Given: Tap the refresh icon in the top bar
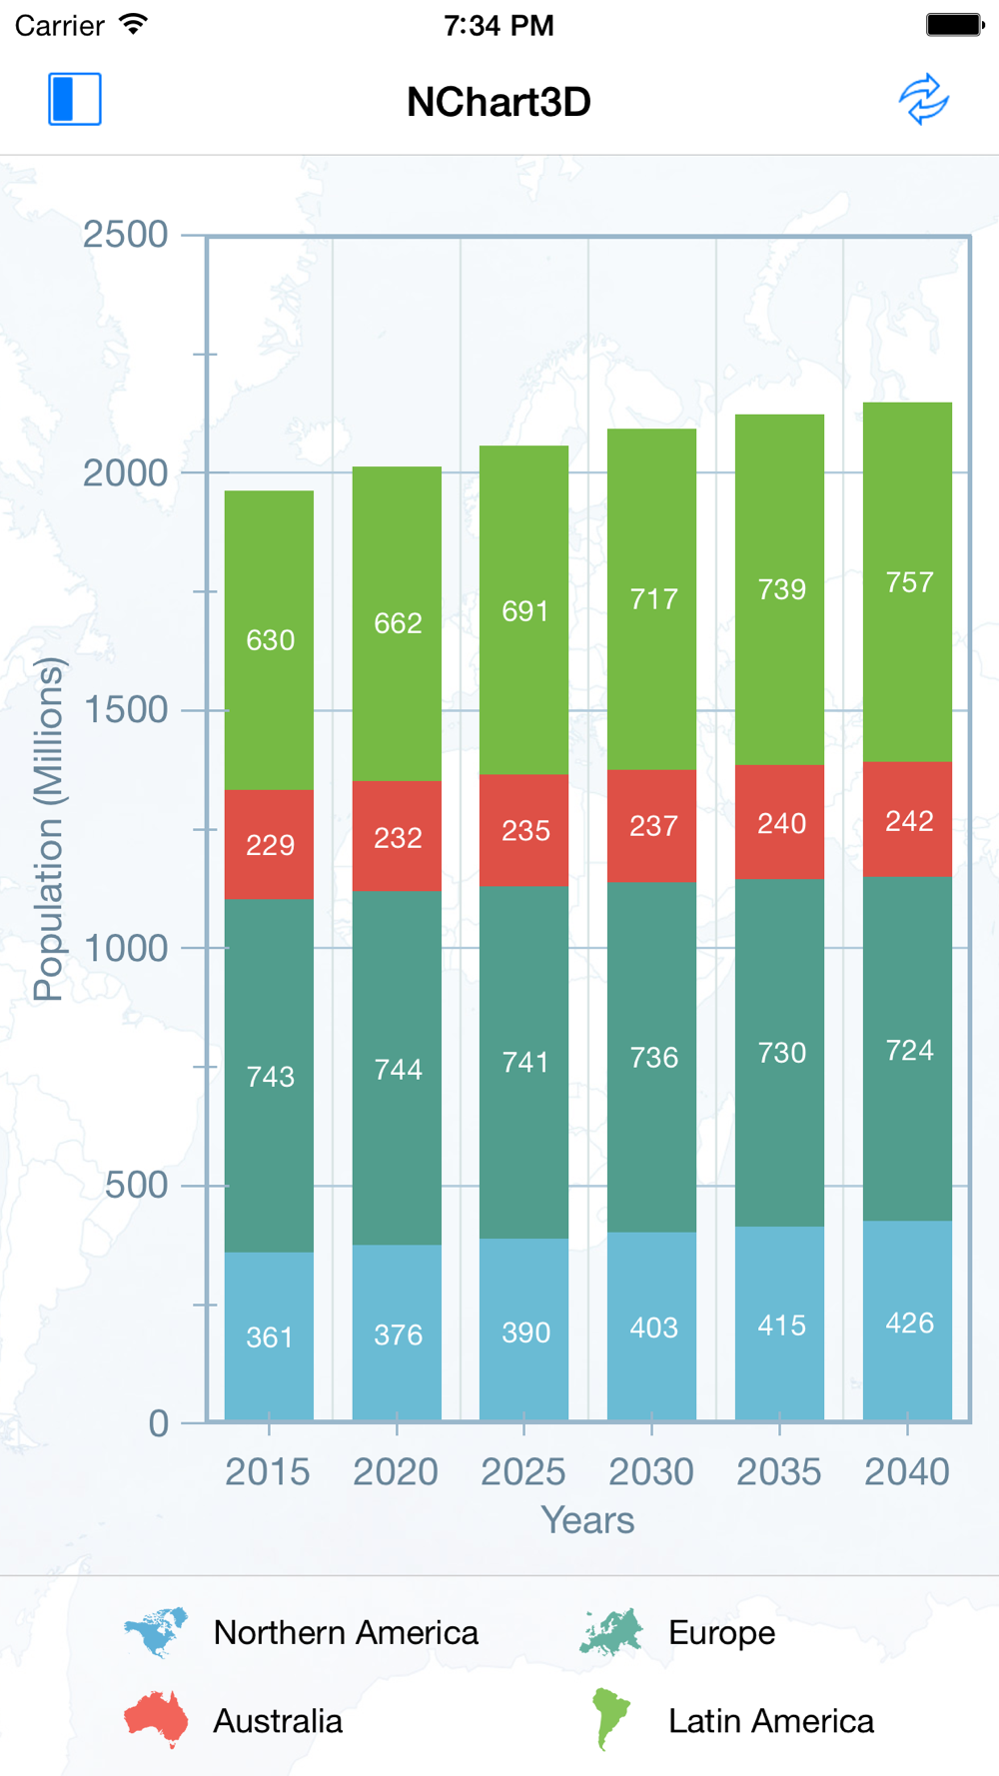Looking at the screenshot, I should point(923,99).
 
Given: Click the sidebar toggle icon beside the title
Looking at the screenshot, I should point(75,99).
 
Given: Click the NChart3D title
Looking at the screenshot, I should point(499,102).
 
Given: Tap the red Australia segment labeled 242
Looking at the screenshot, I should point(908,820).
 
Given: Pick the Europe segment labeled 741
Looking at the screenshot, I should point(524,1061).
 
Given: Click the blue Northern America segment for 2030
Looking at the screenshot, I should point(652,1327).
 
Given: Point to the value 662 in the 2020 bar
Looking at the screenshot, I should point(398,623).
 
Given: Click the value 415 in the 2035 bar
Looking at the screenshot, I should point(781,1326).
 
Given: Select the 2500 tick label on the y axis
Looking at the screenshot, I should point(125,235).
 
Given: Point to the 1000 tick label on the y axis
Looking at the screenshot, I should point(125,948).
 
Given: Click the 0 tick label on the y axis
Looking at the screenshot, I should point(158,1423).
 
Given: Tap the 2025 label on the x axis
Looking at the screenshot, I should point(523,1471).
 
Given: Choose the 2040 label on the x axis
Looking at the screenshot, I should point(907,1471).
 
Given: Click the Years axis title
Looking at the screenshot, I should point(587,1520).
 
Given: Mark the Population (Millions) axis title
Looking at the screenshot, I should point(48,829).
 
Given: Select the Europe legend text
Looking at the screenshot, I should point(721,1633).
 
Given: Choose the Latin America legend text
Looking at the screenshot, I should point(770,1721).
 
